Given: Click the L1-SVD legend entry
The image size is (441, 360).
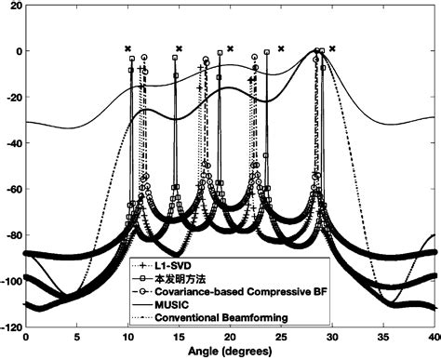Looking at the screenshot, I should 171,263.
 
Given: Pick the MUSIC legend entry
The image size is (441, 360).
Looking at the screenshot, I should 172,304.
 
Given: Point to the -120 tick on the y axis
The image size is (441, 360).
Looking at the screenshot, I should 12,328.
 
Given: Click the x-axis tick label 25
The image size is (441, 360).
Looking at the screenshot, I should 281,339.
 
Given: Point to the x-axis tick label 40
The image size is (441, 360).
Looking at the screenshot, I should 433,339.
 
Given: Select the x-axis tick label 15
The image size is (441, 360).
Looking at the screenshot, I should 179,339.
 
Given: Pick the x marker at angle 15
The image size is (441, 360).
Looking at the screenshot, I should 179,48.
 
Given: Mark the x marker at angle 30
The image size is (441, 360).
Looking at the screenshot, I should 332,48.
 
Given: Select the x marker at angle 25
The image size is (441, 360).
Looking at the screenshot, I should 281,48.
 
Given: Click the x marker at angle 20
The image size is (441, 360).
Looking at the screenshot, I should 230,48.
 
